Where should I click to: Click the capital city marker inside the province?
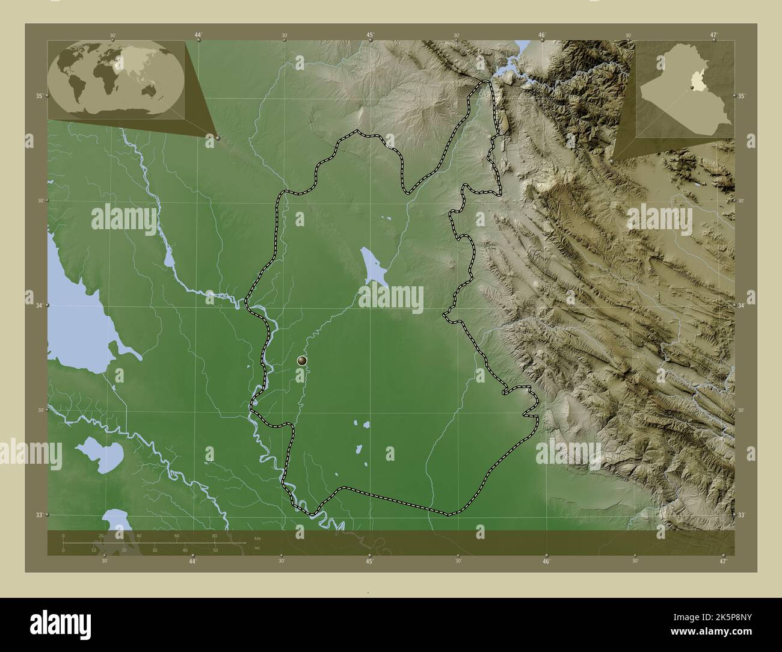point(302,360)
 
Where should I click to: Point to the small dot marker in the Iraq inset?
point(693,88)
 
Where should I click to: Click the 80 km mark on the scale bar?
point(215,535)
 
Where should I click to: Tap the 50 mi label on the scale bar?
point(215,550)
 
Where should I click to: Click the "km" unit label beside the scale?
point(257,538)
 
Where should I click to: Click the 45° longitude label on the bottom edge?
point(369,561)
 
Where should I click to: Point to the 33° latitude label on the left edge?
point(39,515)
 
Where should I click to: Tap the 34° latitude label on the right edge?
point(741,306)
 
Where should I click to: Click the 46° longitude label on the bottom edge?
point(546,561)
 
